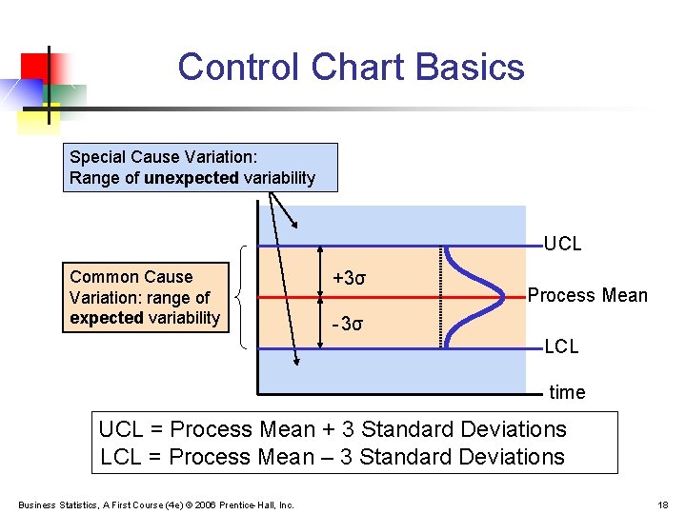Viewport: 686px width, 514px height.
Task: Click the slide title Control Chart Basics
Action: [x=351, y=67]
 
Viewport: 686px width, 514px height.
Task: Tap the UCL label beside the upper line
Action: [x=562, y=244]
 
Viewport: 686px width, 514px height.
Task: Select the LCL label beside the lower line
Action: [x=561, y=346]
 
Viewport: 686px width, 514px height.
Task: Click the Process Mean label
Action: [x=587, y=295]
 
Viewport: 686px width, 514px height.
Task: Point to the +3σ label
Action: [x=349, y=278]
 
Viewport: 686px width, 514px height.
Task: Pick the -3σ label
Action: [x=348, y=324]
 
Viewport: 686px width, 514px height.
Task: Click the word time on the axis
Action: [x=567, y=392]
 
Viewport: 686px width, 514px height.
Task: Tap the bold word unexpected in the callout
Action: [x=192, y=178]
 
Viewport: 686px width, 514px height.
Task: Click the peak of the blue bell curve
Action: [x=503, y=296]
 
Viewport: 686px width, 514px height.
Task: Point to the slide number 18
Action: [x=663, y=504]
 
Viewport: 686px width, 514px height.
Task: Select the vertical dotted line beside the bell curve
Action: [x=441, y=296]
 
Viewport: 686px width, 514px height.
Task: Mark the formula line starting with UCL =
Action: [x=333, y=430]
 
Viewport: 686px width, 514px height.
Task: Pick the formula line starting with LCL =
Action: [x=333, y=457]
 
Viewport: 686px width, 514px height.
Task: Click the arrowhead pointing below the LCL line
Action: [x=295, y=360]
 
